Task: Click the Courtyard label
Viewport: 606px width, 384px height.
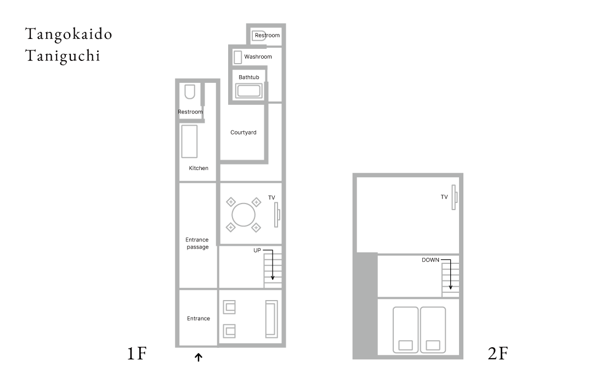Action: (243, 132)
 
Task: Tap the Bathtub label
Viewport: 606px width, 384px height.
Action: (249, 77)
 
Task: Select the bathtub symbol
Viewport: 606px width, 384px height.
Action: (249, 91)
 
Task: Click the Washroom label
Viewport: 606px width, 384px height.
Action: (258, 57)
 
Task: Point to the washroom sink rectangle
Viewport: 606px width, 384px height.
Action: (237, 57)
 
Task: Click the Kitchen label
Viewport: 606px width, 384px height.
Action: (199, 168)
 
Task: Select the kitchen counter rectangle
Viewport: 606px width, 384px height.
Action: (189, 141)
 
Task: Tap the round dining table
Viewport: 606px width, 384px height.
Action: (243, 214)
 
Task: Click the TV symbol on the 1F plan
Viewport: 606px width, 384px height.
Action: (277, 214)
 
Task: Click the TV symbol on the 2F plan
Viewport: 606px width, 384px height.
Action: (455, 197)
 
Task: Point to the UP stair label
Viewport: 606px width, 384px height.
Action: (257, 250)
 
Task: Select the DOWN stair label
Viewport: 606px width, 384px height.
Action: (431, 260)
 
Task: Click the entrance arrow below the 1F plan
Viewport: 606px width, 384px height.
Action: (199, 357)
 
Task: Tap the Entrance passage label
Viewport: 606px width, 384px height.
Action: (197, 243)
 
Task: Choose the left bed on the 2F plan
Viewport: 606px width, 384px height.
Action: (405, 330)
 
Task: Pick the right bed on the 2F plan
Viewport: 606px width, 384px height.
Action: (433, 330)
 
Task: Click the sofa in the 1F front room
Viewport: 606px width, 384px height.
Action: (271, 319)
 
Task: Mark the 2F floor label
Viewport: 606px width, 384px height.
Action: (498, 353)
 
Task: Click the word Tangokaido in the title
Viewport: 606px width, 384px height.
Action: (69, 35)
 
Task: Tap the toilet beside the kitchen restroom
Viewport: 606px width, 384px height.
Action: (189, 92)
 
